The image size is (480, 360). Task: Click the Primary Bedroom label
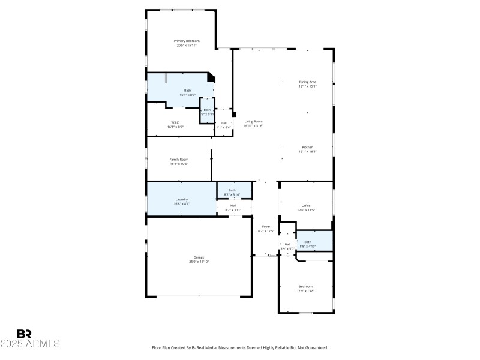(187, 43)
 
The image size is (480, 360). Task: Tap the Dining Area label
(308, 83)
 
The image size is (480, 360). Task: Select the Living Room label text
(253, 123)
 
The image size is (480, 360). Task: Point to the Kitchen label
(308, 149)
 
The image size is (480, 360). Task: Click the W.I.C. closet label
(175, 124)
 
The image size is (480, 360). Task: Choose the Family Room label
(179, 161)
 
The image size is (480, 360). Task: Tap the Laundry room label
(182, 201)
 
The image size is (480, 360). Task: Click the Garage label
(199, 259)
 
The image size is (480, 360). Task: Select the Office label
(306, 207)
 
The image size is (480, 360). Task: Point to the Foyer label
(266, 229)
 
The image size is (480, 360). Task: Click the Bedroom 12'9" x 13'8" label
(306, 288)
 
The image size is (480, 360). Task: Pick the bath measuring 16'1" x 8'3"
(187, 92)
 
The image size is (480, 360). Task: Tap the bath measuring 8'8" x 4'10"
(308, 244)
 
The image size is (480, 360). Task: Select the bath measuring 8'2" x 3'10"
(232, 192)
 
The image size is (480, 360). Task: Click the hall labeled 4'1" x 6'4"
(223, 125)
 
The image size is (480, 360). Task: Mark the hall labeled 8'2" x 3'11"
(233, 207)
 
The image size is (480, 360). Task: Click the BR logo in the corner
(24, 334)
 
